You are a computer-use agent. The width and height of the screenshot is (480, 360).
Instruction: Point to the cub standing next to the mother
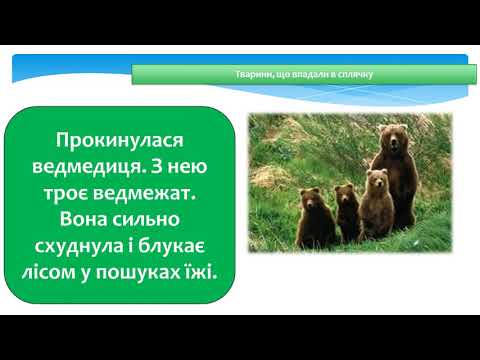coord(375,207)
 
